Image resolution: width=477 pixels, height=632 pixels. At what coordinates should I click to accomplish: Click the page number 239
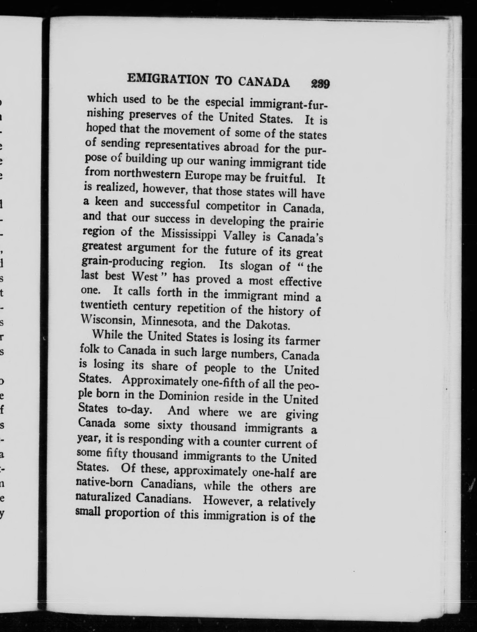click(320, 84)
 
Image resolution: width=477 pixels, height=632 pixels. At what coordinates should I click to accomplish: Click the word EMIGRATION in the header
click(167, 79)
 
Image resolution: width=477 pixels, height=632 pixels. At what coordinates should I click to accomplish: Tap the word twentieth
click(104, 305)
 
